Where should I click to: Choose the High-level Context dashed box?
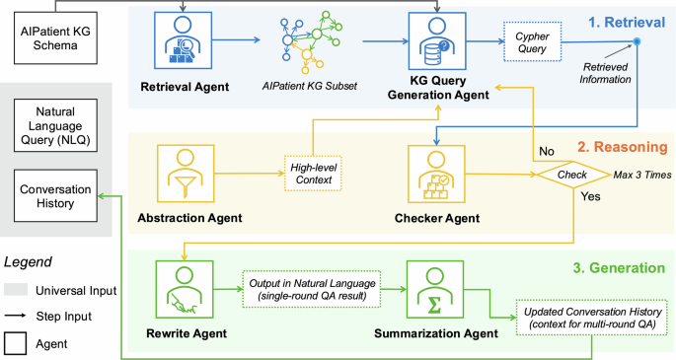pos(312,174)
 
